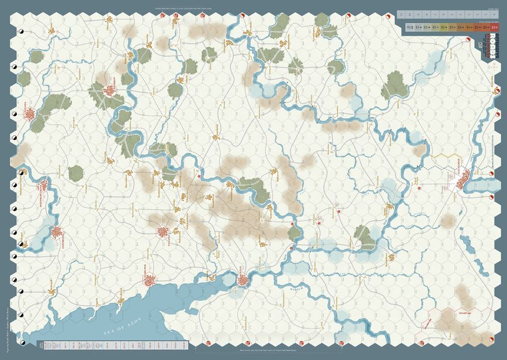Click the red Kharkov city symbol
point(111,91)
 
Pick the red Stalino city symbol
point(165,231)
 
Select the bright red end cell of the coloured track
point(494,27)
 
